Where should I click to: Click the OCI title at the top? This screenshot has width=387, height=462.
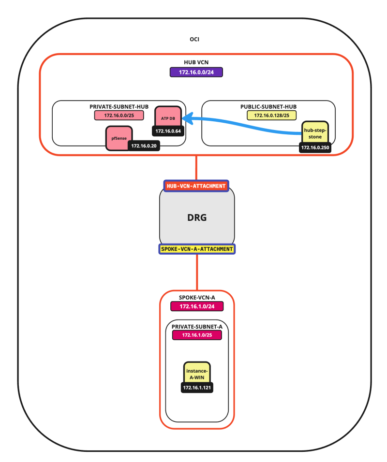(196, 39)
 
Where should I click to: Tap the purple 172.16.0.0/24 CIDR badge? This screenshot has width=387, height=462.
(196, 72)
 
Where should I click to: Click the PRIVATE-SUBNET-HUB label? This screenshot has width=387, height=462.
(119, 106)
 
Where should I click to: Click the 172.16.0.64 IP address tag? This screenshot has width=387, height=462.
(168, 130)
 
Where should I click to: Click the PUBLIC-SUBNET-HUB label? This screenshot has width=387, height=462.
(268, 106)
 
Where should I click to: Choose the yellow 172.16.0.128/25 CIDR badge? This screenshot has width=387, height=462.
(268, 115)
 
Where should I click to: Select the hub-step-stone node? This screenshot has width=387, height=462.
(315, 131)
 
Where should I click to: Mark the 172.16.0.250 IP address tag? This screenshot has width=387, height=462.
(315, 147)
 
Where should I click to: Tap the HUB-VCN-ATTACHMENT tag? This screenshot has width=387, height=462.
(196, 186)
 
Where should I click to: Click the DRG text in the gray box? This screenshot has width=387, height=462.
(196, 217)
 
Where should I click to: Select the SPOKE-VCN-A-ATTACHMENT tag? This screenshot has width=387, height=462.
(196, 249)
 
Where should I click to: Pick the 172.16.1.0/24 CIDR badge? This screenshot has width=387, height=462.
(196, 306)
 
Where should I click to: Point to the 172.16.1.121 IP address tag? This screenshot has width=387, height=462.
(197, 388)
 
